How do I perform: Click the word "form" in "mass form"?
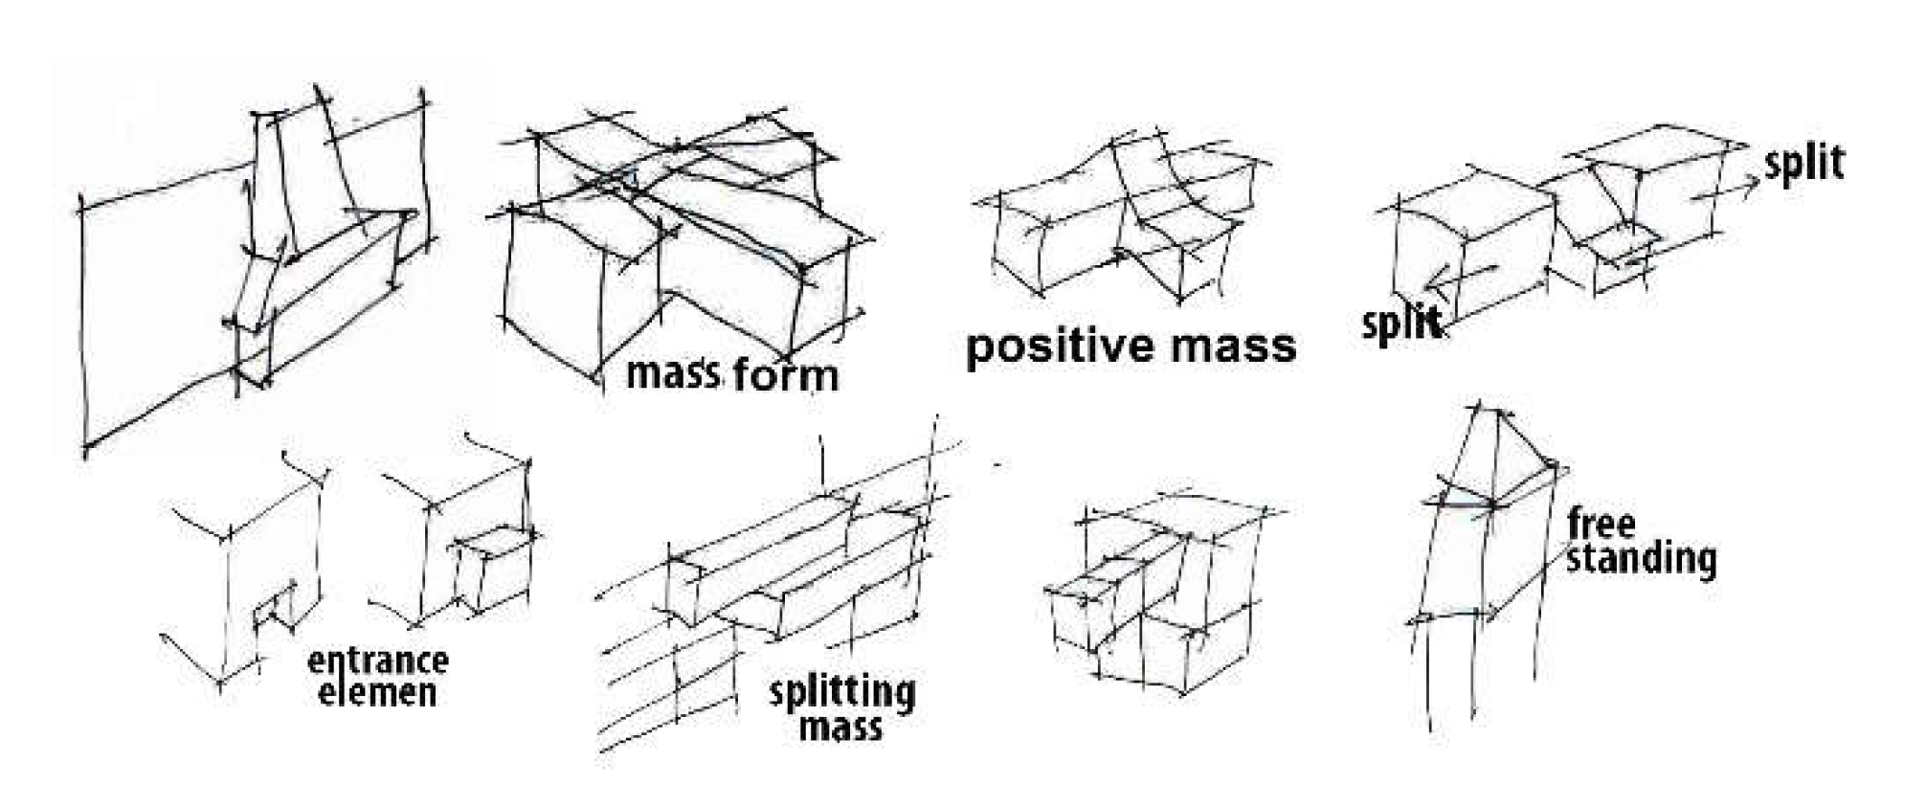[x=785, y=374]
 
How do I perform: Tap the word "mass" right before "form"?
[x=672, y=373]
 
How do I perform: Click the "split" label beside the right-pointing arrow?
[x=1804, y=164]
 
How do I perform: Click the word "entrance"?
[x=377, y=661]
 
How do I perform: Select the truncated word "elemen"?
[x=377, y=692]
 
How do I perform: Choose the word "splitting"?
[x=841, y=691]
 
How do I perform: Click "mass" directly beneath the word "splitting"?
[x=840, y=727]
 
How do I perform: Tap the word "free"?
[x=1601, y=525]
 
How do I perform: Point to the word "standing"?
[x=1641, y=558]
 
